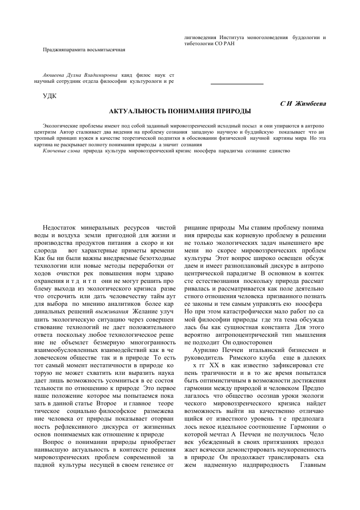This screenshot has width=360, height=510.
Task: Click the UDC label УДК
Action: (x=50, y=95)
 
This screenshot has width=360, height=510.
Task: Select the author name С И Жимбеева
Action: (x=303, y=103)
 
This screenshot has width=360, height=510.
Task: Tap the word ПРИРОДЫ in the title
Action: (x=234, y=111)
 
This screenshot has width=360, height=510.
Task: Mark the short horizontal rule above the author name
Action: (x=237, y=83)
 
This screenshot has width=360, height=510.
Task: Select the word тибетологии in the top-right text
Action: (x=201, y=44)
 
